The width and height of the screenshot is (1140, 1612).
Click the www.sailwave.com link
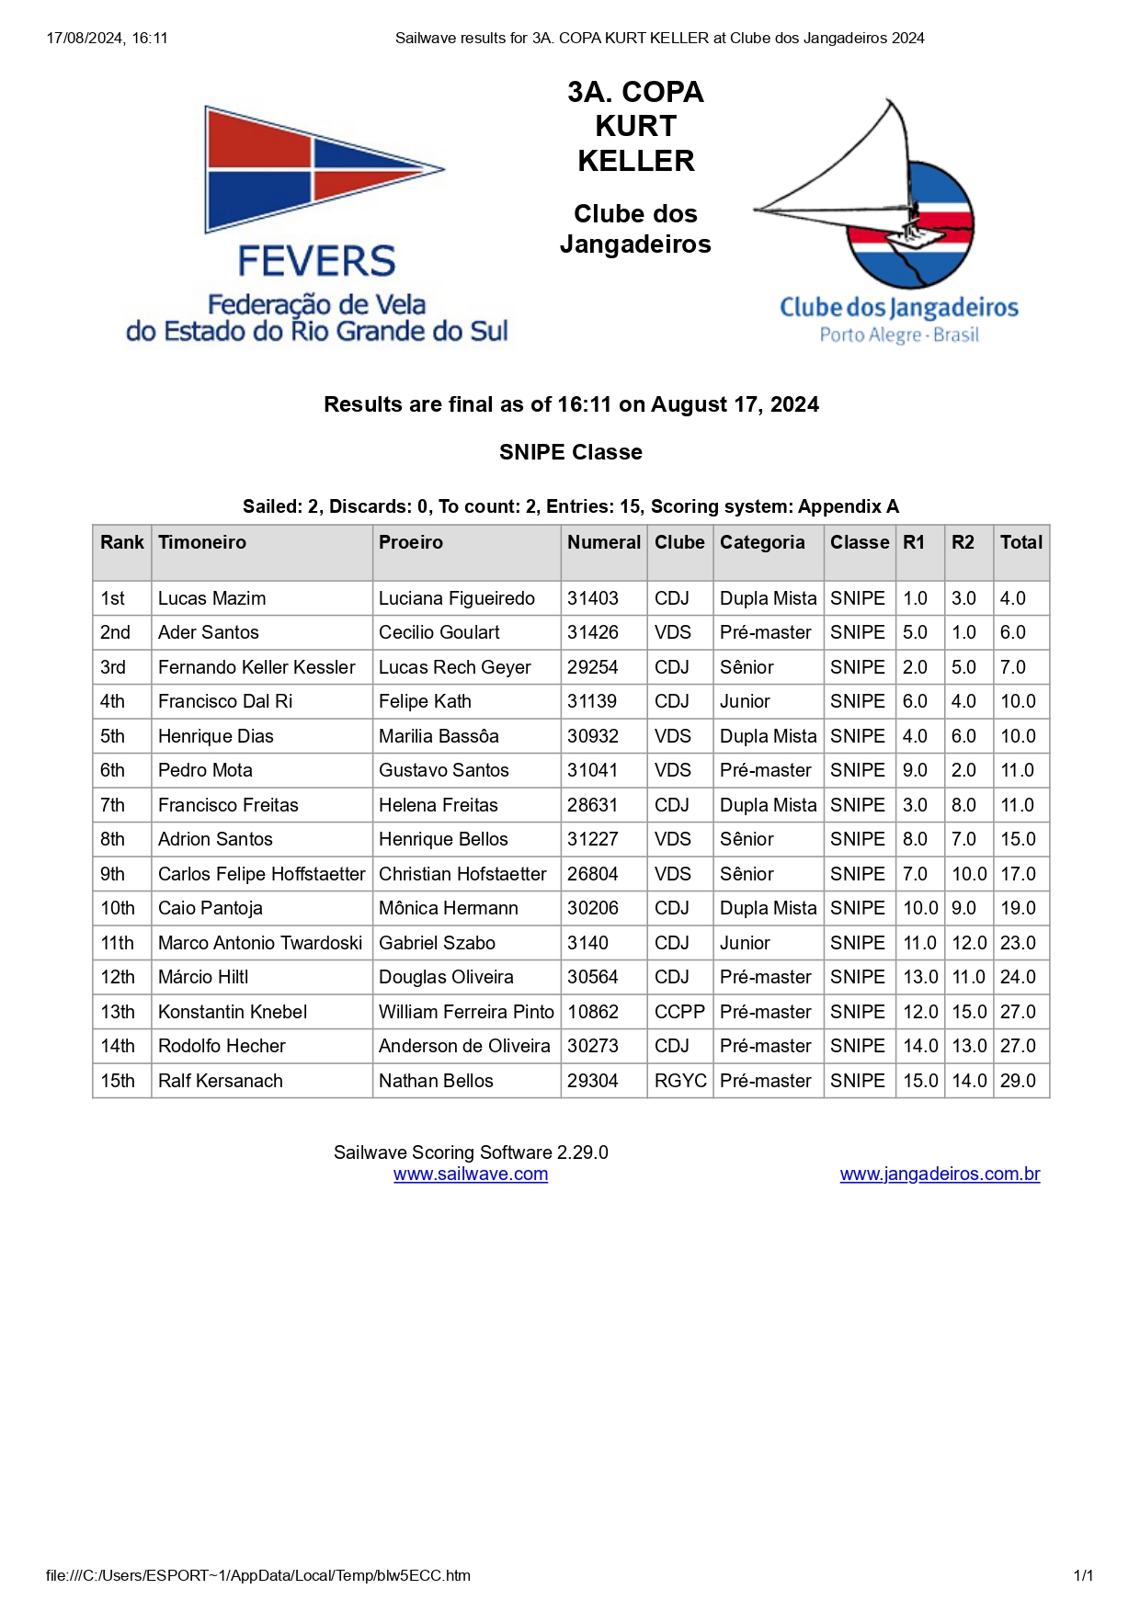point(471,1174)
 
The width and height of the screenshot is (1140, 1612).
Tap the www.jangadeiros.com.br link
point(940,1174)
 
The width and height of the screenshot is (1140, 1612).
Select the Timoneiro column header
point(202,542)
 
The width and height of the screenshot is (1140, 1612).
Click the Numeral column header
point(603,542)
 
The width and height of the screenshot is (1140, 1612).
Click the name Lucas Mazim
point(211,598)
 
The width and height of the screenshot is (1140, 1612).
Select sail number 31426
point(593,632)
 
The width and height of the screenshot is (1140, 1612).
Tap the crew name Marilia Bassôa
point(439,736)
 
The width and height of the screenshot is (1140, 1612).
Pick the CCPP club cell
point(679,1012)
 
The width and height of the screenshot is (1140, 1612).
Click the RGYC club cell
point(680,1081)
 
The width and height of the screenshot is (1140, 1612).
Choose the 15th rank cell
point(118,1081)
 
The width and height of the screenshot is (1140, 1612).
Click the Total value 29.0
point(1018,1081)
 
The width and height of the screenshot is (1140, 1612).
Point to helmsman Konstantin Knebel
point(233,1012)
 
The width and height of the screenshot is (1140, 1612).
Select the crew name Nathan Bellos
point(436,1081)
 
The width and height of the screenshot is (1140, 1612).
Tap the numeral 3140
point(587,943)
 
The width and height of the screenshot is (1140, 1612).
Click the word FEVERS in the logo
point(316,262)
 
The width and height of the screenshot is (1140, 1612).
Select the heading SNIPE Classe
point(570,452)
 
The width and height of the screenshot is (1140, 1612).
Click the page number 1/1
point(1083,1575)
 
